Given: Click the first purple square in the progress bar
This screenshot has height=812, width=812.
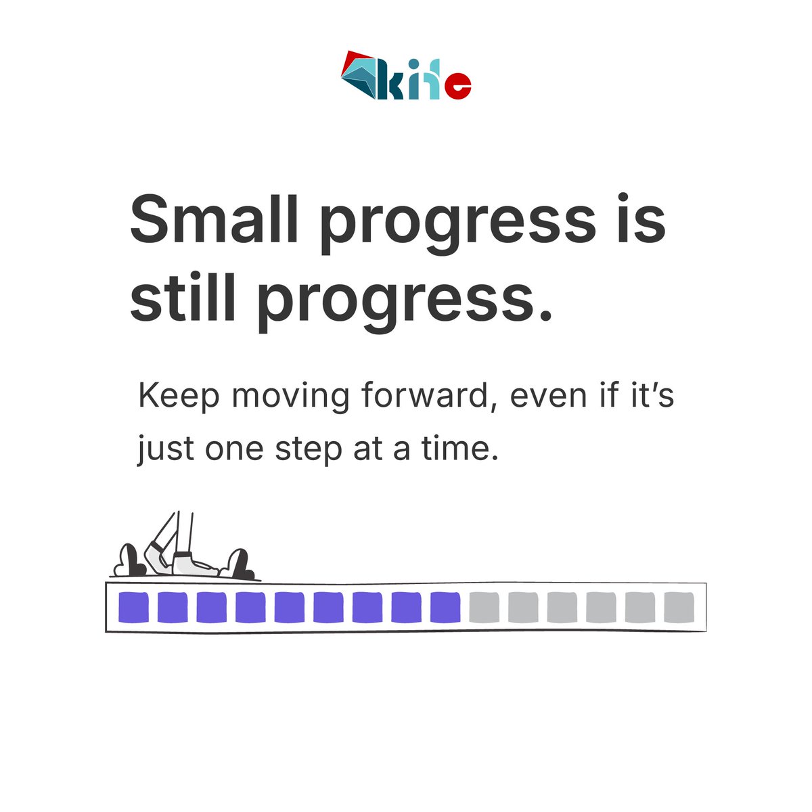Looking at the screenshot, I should [x=133, y=607].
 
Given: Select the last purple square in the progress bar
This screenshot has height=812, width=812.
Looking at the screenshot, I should [x=445, y=607].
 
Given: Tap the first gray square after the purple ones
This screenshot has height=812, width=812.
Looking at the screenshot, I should [x=484, y=607].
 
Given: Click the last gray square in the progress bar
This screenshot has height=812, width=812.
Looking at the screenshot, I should [x=679, y=607].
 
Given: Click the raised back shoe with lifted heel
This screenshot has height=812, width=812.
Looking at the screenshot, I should [x=157, y=555].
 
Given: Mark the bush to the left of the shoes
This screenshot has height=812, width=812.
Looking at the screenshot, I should [x=129, y=562].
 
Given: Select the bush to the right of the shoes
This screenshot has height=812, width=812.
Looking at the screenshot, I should [x=238, y=564].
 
